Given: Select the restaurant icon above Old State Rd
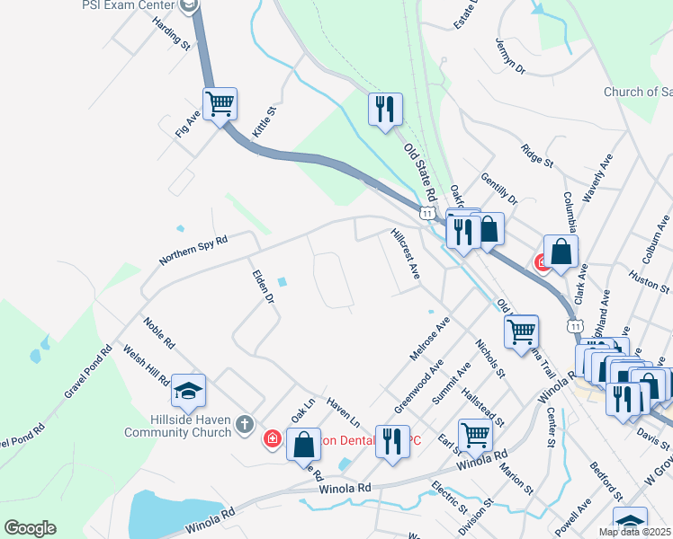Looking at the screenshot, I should coord(384,110).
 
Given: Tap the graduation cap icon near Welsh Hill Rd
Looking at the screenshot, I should coord(189,391).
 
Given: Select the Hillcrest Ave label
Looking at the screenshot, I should coord(406,253).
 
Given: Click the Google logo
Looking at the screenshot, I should coord(30,528).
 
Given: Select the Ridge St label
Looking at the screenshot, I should coord(536,155).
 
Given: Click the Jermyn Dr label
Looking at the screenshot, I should coord(510,55).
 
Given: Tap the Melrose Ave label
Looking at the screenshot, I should coord(429,339).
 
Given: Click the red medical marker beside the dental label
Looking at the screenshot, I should coord(272,439).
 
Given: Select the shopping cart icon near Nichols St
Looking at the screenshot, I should coord(522,331).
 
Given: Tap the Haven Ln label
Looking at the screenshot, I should coord(343,412).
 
